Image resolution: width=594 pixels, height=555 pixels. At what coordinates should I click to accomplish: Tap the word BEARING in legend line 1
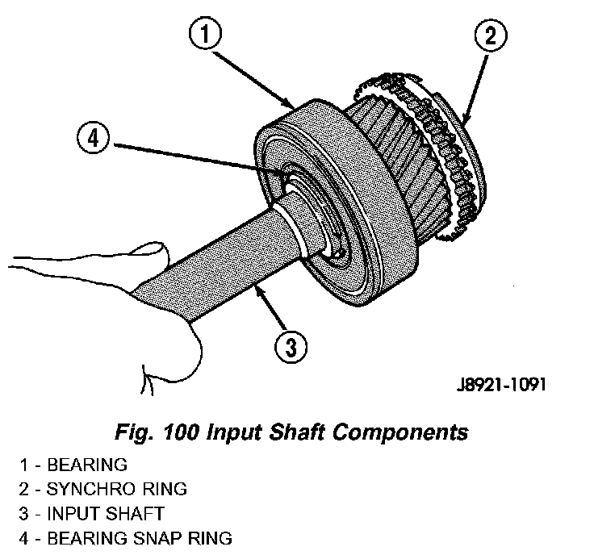tap(87, 465)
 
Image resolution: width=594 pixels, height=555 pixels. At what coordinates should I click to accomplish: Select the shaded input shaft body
tap(218, 258)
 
